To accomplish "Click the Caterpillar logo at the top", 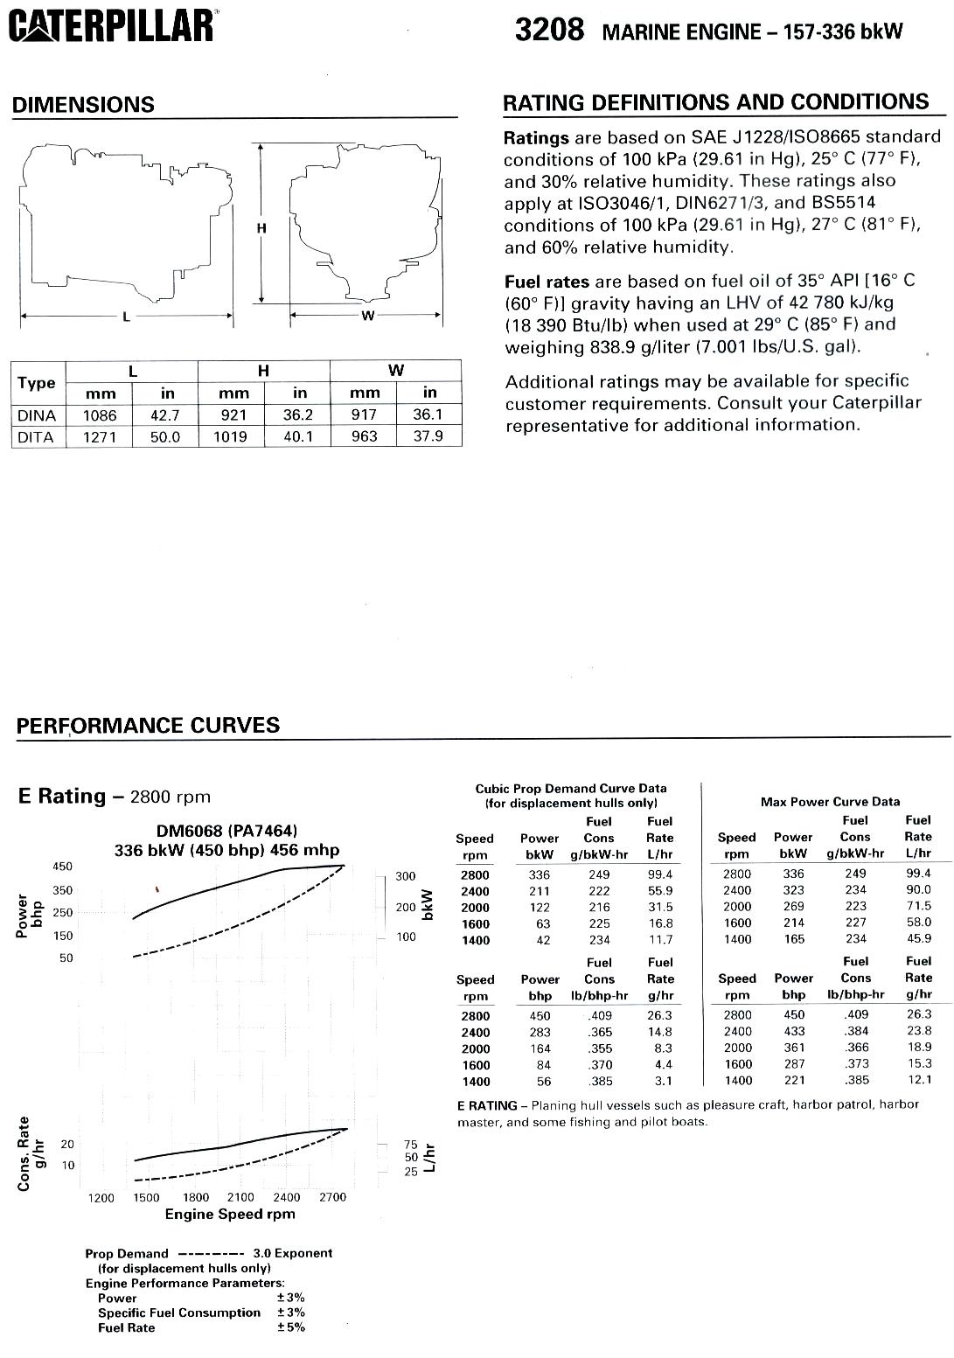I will coord(111,27).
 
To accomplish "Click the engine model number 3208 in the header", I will coord(549,31).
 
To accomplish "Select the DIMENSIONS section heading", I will coord(83,105).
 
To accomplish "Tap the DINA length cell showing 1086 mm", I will coord(100,415).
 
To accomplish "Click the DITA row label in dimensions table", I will coord(36,436).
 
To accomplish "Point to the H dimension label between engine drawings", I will coord(261,229).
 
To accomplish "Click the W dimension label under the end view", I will coord(367,316).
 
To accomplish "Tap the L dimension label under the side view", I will coord(126,317).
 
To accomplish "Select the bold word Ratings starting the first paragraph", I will coord(536,138).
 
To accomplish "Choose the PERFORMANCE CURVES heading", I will coord(148,726).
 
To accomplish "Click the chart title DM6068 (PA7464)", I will coord(226,831).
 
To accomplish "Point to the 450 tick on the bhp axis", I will coord(63,867).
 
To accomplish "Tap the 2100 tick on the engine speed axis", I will coord(240,1197).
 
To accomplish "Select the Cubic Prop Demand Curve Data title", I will coord(570,788).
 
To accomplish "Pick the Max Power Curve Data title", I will coord(830,801).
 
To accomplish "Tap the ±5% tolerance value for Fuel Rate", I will coord(291,1327).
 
